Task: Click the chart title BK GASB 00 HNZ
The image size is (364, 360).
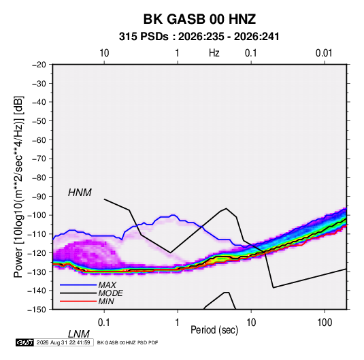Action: pyautogui.click(x=199, y=19)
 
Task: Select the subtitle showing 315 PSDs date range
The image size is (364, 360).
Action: pyautogui.click(x=199, y=37)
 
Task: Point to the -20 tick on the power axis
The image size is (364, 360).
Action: pyautogui.click(x=39, y=65)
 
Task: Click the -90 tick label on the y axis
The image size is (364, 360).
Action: pyautogui.click(x=39, y=197)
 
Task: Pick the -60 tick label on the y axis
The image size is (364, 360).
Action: pyautogui.click(x=39, y=140)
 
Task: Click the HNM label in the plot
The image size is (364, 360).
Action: pyautogui.click(x=80, y=193)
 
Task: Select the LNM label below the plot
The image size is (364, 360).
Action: pyautogui.click(x=78, y=334)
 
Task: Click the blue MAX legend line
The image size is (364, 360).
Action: pyautogui.click(x=78, y=285)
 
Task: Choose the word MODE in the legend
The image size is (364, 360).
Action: pyautogui.click(x=110, y=293)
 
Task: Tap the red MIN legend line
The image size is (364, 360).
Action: pyautogui.click(x=78, y=301)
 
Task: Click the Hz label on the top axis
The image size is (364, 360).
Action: pyautogui.click(x=214, y=53)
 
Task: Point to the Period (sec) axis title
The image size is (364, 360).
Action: pyautogui.click(x=214, y=330)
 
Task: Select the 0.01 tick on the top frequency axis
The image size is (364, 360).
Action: pyautogui.click(x=324, y=53)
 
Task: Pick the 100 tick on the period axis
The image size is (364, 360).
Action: pyautogui.click(x=325, y=323)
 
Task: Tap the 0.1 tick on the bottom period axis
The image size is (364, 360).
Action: pyautogui.click(x=104, y=323)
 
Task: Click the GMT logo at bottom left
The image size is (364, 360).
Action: pyautogui.click(x=24, y=342)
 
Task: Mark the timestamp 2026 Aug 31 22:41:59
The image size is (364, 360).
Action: pyautogui.click(x=63, y=342)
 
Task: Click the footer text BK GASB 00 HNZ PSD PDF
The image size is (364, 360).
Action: pyautogui.click(x=127, y=342)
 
